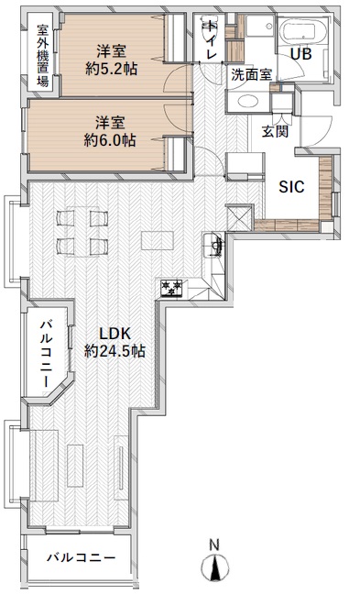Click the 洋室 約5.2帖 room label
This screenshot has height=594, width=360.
click(111, 60)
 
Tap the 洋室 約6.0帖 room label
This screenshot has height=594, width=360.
click(110, 131)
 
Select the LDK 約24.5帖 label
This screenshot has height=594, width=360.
click(115, 342)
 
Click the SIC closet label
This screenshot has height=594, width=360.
click(291, 187)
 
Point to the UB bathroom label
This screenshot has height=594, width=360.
click(301, 54)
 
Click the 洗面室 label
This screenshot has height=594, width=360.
click(251, 74)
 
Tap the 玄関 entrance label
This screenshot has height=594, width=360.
click(276, 131)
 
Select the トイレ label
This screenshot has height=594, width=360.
click(212, 40)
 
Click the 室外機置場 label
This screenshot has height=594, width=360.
click(43, 55)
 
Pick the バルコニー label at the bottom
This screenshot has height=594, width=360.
click(81, 557)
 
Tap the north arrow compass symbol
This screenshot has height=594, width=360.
click(215, 567)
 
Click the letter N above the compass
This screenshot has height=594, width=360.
click(214, 545)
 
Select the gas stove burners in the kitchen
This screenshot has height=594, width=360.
click(171, 288)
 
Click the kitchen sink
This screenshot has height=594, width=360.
click(213, 246)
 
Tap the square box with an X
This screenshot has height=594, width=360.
click(239, 217)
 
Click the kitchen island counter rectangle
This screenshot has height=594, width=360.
click(158, 240)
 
